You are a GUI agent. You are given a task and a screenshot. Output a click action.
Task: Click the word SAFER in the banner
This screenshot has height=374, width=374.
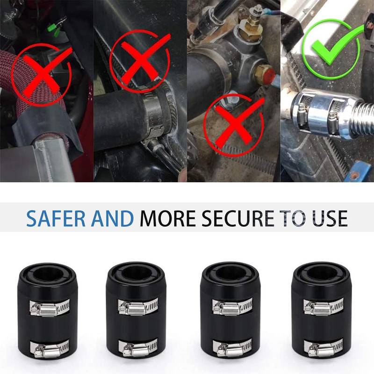(56, 218)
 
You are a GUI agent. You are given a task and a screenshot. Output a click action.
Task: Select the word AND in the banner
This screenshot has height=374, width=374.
(112, 218)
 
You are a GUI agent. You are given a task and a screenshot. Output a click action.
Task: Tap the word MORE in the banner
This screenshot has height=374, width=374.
(168, 218)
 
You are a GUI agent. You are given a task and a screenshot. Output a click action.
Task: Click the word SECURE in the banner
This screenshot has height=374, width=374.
(238, 218)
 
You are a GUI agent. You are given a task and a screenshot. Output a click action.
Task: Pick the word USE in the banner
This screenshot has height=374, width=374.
(330, 218)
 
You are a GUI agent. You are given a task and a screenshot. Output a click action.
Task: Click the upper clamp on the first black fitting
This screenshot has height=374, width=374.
(50, 308)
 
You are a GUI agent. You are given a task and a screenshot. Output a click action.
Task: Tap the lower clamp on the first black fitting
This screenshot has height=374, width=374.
(50, 349)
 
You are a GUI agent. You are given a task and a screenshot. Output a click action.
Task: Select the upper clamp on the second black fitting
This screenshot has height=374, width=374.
(138, 307)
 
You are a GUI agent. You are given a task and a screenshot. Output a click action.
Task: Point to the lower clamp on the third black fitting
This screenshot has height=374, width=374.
(232, 348)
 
